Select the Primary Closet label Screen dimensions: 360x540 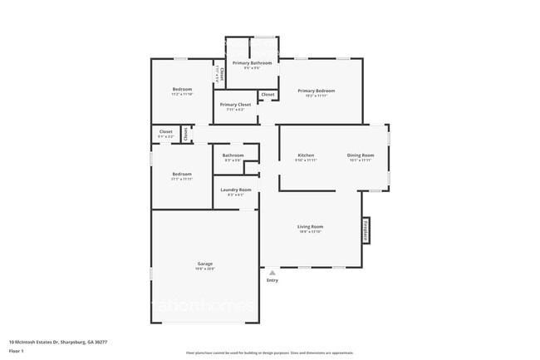(x=235, y=105)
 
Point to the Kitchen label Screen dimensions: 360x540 (x=307, y=155)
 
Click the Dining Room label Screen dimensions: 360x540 (x=361, y=155)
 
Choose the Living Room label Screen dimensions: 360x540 (x=311, y=226)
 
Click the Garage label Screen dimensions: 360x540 (x=205, y=264)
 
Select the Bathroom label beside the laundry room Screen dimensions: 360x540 (x=233, y=155)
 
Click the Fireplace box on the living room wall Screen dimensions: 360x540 (x=365, y=230)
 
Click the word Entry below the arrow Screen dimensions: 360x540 (x=272, y=280)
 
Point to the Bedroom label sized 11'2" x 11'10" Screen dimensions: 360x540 (x=183, y=90)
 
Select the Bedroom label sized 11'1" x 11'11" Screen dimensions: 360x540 (x=183, y=174)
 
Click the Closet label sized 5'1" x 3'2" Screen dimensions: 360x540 (x=166, y=131)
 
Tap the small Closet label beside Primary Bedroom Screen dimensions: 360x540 (x=268, y=95)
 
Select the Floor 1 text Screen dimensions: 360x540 (x=17, y=350)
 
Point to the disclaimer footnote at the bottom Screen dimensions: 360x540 (x=269, y=353)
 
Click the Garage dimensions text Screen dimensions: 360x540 (x=205, y=269)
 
